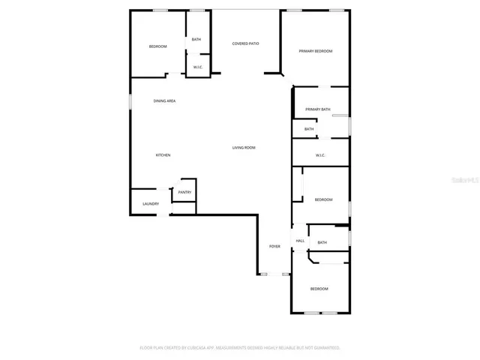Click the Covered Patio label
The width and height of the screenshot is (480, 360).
(245, 43)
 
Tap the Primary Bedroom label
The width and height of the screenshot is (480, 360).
(315, 51)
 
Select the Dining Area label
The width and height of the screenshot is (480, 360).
(164, 100)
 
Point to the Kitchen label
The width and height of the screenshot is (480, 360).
(163, 155)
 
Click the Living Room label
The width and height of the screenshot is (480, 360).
(244, 148)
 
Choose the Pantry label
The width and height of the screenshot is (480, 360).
(184, 193)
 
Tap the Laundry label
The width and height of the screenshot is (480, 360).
(150, 204)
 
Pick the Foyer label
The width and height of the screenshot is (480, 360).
(274, 246)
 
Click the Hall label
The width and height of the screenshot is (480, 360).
(300, 241)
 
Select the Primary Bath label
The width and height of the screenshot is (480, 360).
(317, 109)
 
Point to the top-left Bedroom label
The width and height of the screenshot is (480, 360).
(157, 46)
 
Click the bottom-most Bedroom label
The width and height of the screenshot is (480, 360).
(319, 289)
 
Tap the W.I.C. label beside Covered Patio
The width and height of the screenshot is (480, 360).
(198, 67)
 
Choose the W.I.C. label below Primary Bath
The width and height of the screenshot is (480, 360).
(319, 155)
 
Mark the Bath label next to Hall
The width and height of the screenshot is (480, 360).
(322, 242)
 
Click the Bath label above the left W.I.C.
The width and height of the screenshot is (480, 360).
(196, 40)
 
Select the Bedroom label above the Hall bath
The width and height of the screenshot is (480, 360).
(323, 199)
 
